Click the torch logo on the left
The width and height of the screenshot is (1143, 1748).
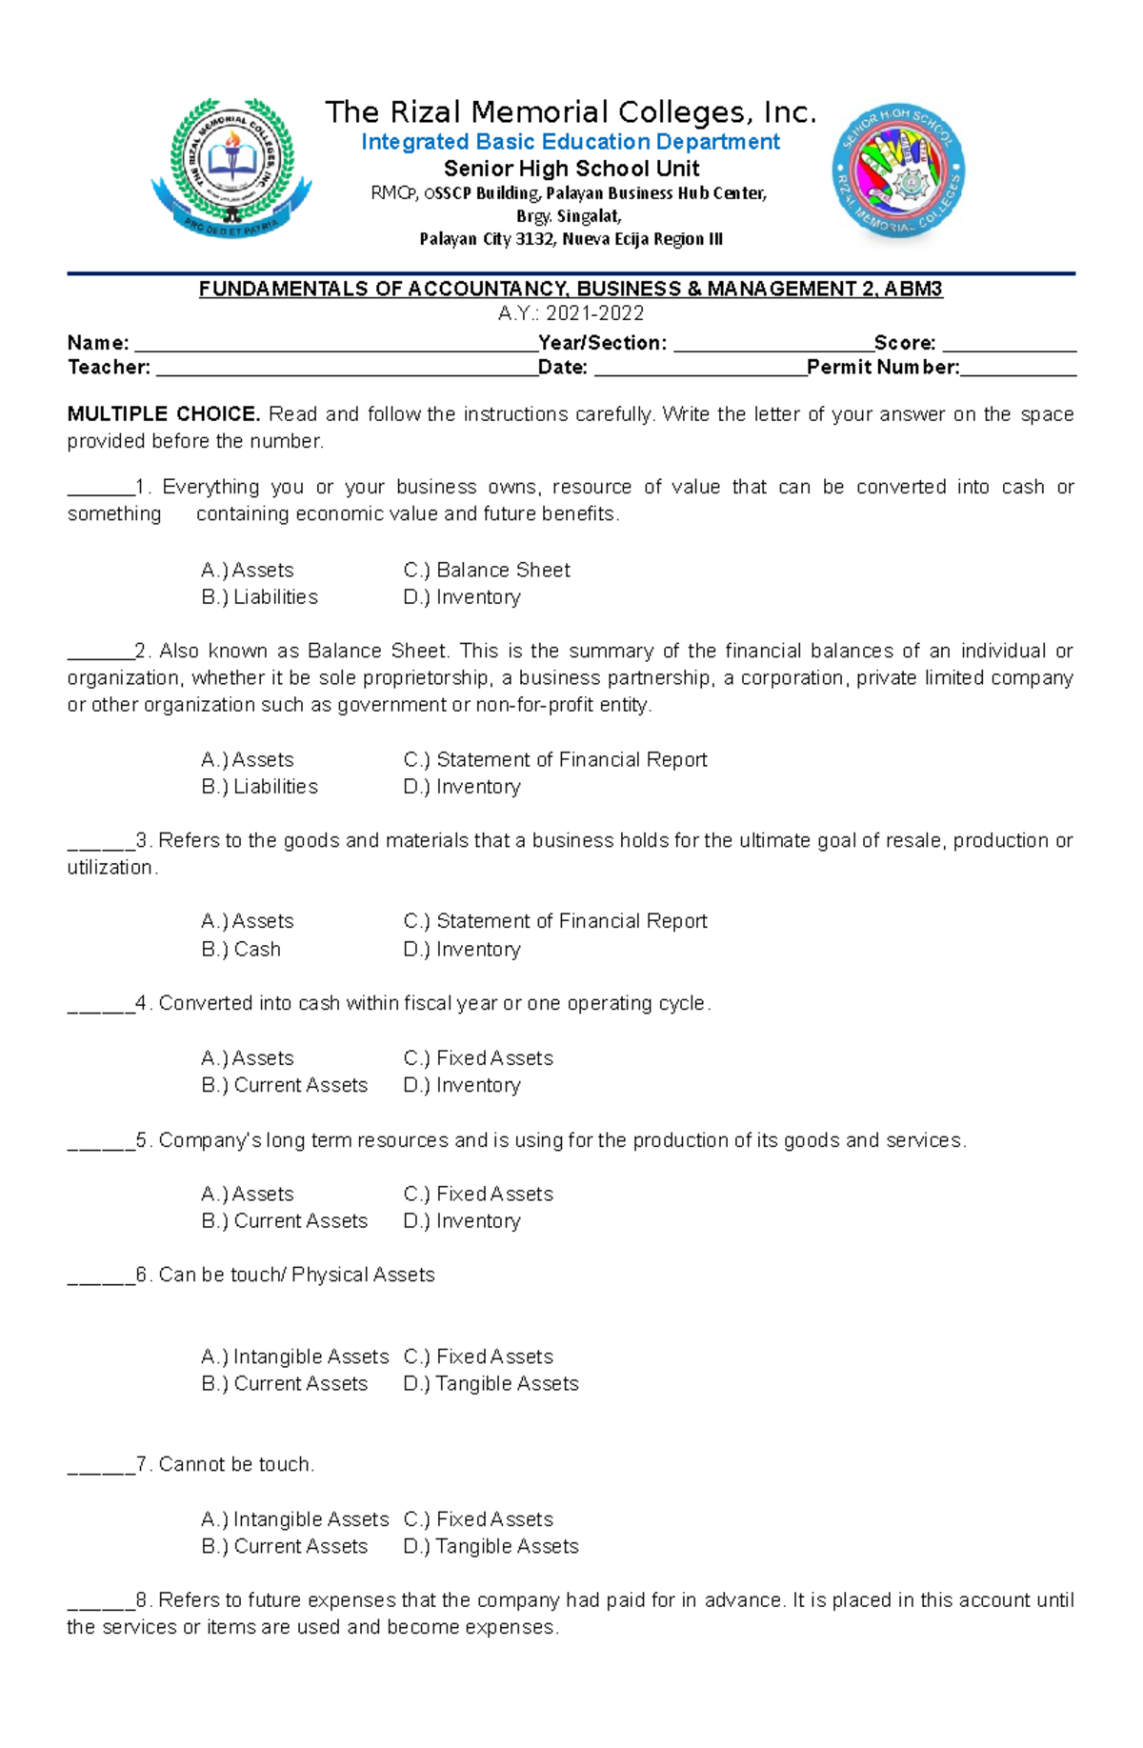click(231, 169)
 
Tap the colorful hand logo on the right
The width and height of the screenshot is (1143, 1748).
click(898, 171)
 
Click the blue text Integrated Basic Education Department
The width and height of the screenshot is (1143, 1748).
click(570, 142)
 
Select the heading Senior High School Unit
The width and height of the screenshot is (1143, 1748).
click(571, 169)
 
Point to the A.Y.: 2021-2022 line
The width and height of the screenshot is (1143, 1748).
click(571, 313)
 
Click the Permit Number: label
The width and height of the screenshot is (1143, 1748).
click(882, 368)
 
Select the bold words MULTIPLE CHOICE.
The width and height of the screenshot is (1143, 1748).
click(163, 414)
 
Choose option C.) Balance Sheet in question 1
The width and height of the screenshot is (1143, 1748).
click(486, 570)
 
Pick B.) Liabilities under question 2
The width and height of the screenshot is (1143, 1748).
click(259, 787)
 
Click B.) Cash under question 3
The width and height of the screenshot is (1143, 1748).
click(241, 949)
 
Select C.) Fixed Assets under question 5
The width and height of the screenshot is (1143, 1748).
click(477, 1194)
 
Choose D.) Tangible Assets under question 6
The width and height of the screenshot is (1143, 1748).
click(491, 1383)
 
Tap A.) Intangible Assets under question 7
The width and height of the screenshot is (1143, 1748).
click(295, 1518)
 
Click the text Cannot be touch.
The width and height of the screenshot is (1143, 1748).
click(236, 1464)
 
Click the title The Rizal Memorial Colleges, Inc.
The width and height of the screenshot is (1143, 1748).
click(571, 112)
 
